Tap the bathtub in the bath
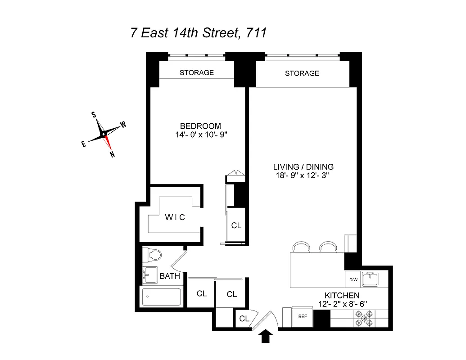(x=161, y=297)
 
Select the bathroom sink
(x=148, y=274)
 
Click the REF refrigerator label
(x=302, y=316)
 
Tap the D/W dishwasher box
(x=353, y=280)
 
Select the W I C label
(x=175, y=217)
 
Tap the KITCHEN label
(x=342, y=295)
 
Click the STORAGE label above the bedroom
(x=197, y=72)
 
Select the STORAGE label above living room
(x=302, y=73)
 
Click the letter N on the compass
(x=112, y=155)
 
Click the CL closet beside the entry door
(x=244, y=319)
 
